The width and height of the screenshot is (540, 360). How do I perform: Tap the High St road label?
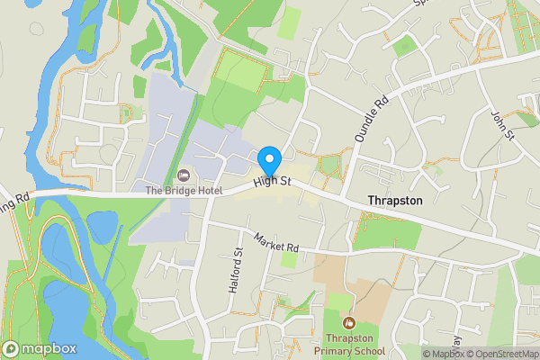[x=273, y=182]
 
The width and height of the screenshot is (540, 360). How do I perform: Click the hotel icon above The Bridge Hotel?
[x=184, y=174]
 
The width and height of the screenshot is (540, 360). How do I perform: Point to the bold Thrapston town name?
[x=394, y=200]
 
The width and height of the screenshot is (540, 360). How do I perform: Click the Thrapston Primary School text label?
[x=349, y=345]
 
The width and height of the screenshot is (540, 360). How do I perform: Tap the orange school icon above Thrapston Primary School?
[x=349, y=321]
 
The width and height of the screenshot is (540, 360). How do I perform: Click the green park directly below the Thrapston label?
[x=387, y=232]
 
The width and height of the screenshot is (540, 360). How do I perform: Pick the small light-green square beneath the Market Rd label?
[x=289, y=259]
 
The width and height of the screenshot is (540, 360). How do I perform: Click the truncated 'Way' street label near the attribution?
[x=456, y=342]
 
